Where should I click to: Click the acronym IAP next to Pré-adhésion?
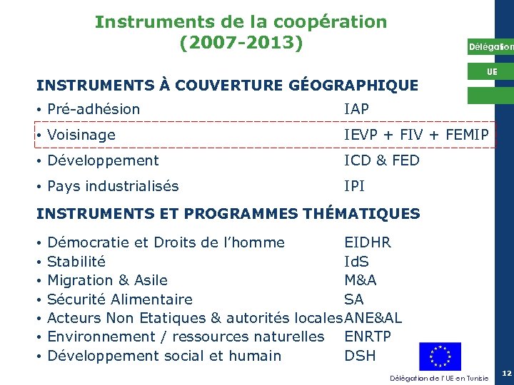[x=356, y=109]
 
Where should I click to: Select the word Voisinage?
[x=81, y=135]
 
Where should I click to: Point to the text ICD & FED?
[x=382, y=160]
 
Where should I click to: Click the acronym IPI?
[x=354, y=186]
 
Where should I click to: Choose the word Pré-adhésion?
[x=94, y=109]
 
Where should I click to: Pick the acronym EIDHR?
[x=368, y=242]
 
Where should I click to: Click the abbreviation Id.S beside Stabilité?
[x=357, y=262]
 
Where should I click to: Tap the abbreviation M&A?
[x=361, y=280]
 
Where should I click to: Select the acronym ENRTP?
[x=368, y=337]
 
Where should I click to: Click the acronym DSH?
[x=360, y=356]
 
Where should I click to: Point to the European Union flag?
[x=440, y=356]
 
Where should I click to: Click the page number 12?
[x=506, y=374]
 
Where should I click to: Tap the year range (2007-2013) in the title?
[x=241, y=43]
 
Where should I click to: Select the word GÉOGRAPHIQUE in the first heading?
[x=346, y=86]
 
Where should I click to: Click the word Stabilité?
[x=76, y=262]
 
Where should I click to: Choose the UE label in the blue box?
[x=492, y=72]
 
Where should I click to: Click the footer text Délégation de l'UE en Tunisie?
[x=439, y=377]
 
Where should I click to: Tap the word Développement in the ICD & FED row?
[x=103, y=160]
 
